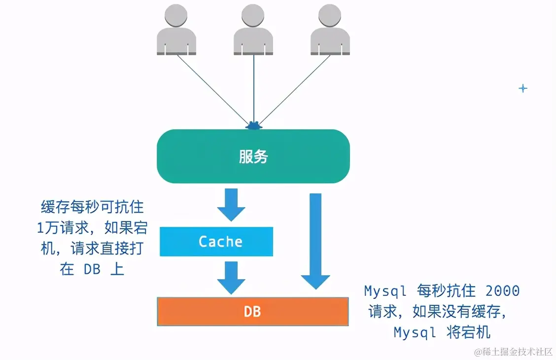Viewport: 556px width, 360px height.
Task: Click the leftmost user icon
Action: point(176,30)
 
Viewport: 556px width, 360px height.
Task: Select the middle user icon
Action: point(253,30)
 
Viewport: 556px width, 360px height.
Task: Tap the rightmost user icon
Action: point(330,30)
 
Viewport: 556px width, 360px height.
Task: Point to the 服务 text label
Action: point(253,157)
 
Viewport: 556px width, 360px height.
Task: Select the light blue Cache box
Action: point(216,242)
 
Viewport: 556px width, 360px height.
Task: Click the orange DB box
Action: point(252,311)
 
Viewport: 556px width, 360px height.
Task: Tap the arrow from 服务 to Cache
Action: point(231,204)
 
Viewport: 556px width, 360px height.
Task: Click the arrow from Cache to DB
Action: point(231,277)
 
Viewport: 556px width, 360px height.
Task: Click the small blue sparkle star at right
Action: point(523,88)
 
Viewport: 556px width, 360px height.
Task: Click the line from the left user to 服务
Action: point(212,89)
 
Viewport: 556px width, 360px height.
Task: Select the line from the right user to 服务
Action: point(294,89)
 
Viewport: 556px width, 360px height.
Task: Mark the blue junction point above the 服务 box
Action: point(254,126)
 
